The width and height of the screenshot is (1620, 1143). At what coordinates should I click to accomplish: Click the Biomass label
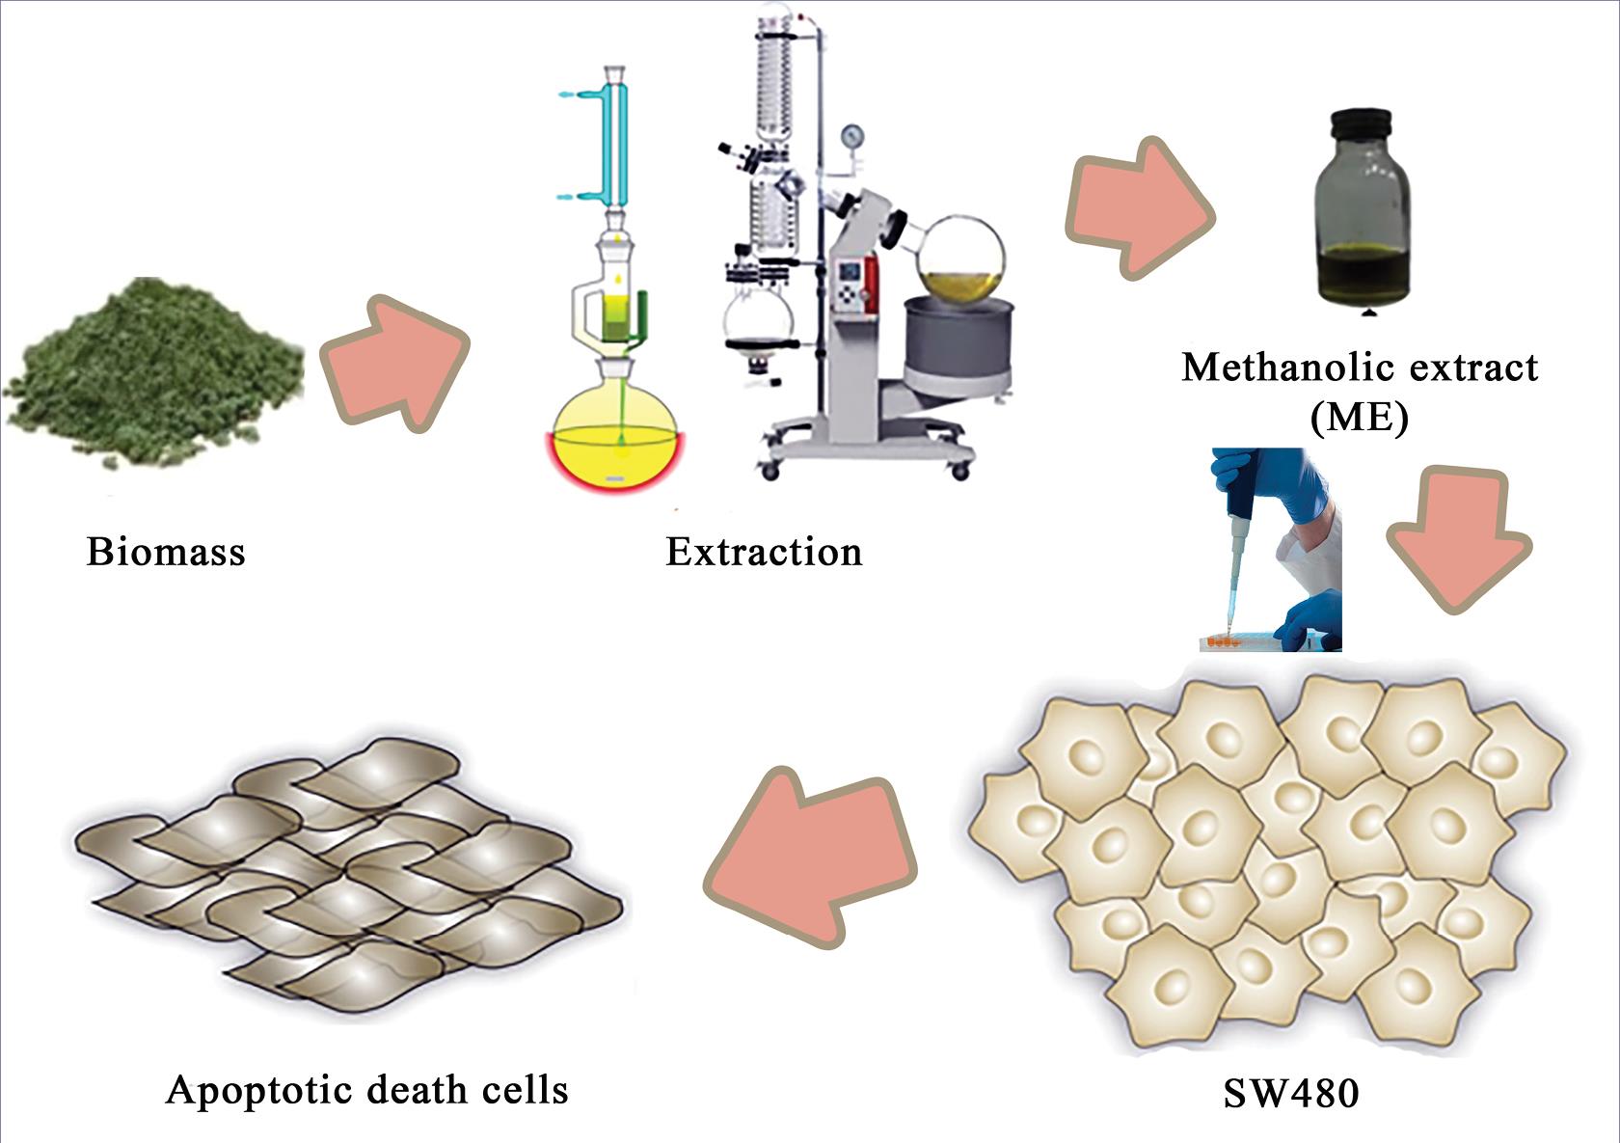tap(166, 552)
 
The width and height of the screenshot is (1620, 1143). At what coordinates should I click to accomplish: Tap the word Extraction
tap(764, 552)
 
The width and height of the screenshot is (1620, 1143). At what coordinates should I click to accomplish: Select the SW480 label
tap(1291, 1094)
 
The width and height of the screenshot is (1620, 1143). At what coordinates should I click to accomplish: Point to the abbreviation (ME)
tap(1359, 419)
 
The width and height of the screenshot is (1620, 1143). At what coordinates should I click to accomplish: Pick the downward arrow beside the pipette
tap(1457, 541)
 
